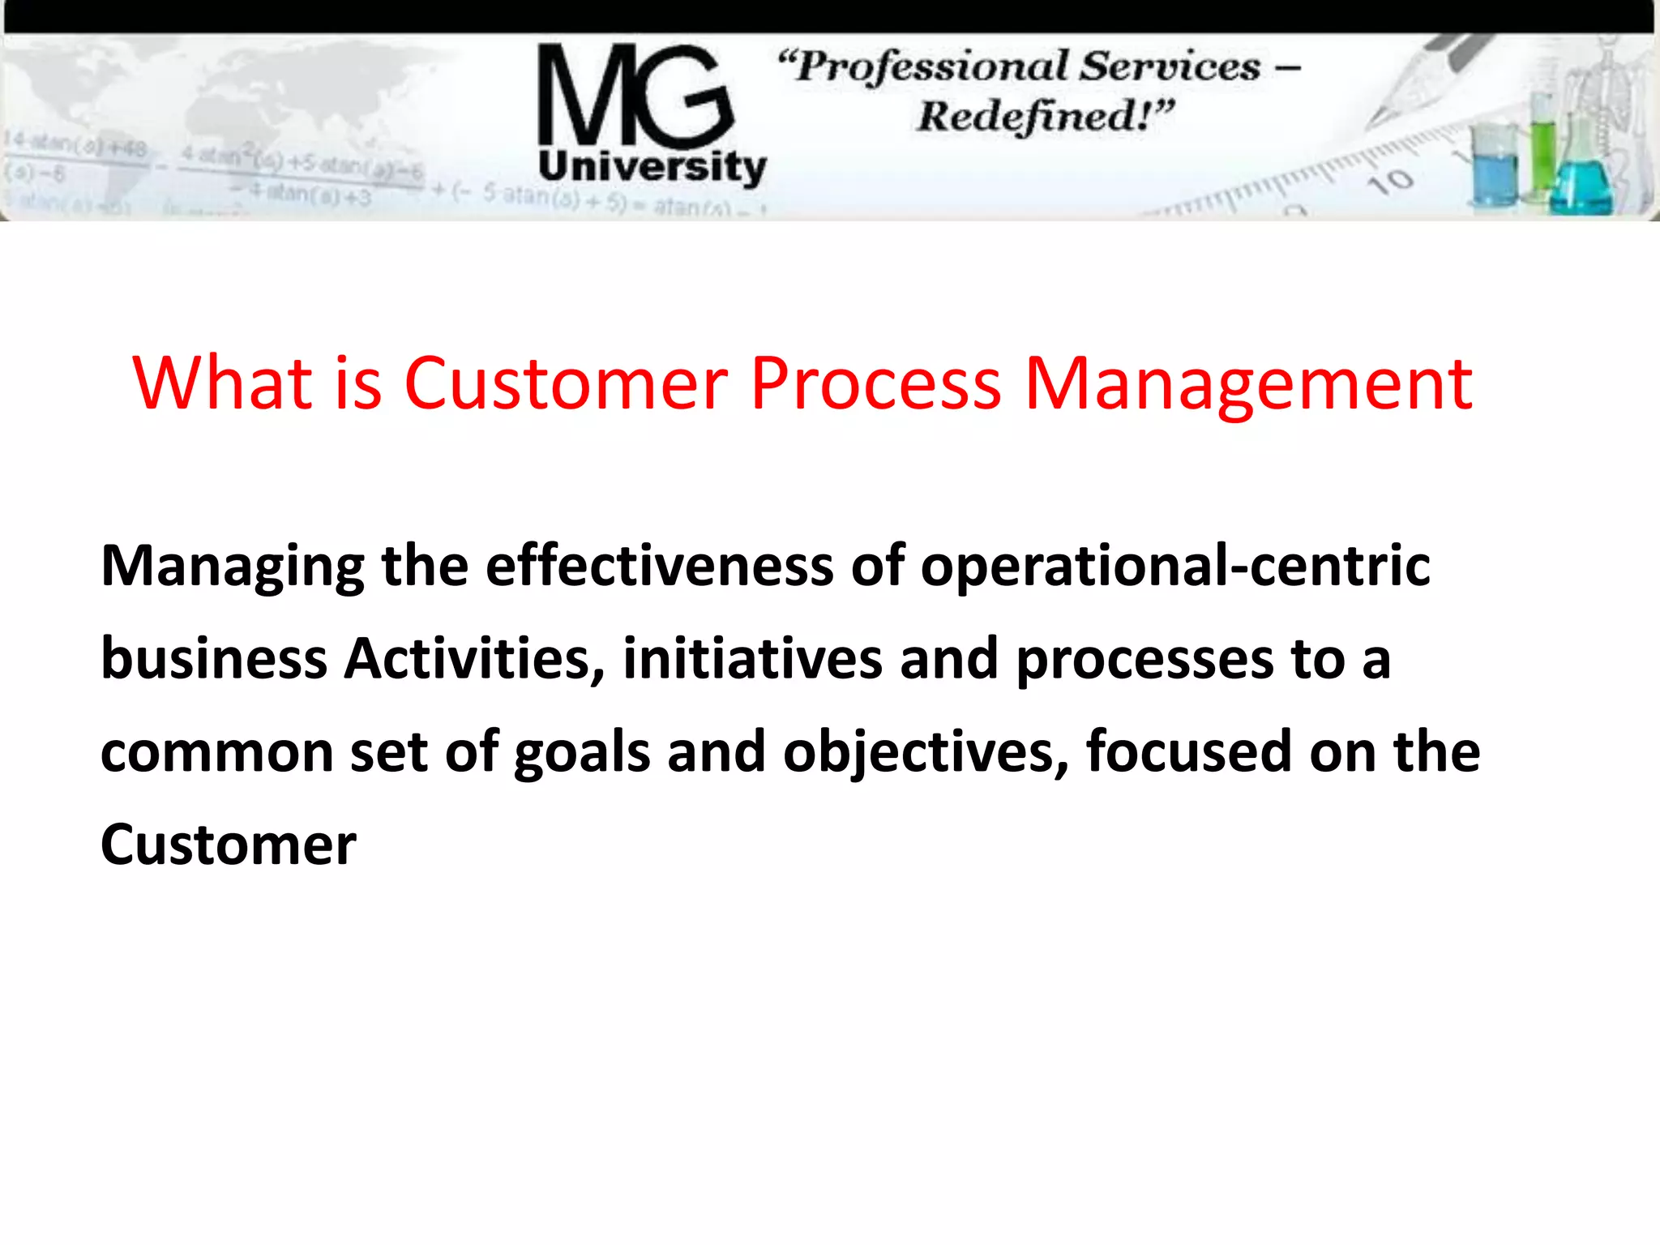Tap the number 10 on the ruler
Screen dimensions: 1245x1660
click(x=1391, y=182)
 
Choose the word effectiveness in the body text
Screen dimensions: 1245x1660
click(x=660, y=565)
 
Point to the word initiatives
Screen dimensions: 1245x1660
click(x=752, y=658)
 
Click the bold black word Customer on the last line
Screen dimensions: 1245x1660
click(x=229, y=845)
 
